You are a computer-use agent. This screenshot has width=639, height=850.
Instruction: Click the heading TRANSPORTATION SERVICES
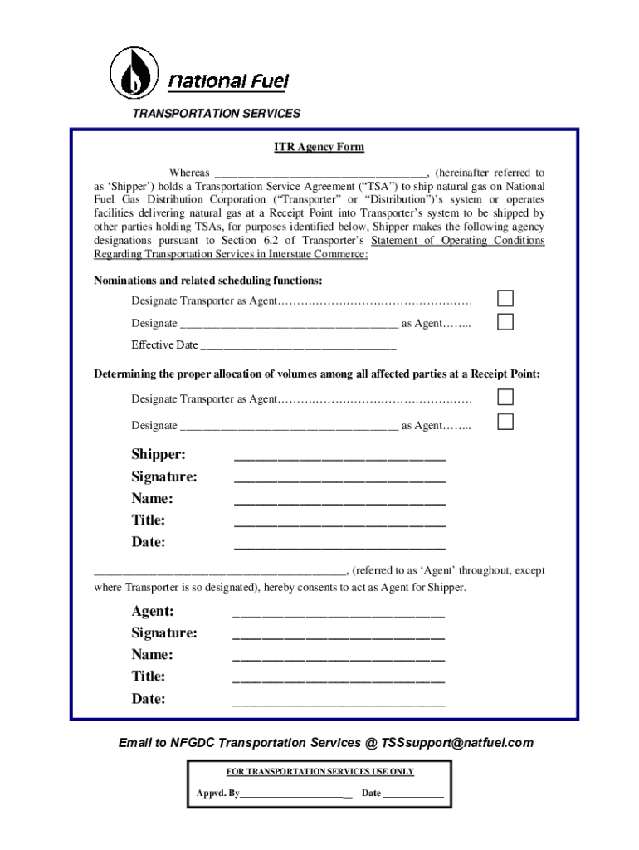pos(216,113)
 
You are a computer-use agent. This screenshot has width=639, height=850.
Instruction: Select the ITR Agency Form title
pos(319,147)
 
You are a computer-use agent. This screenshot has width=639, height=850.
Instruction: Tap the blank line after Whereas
pos(320,174)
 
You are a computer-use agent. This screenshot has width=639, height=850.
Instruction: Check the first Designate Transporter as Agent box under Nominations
pos(505,299)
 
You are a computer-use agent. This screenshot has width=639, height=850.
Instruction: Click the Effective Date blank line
pos(299,346)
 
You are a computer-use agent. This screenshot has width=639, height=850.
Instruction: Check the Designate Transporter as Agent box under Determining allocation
pos(505,398)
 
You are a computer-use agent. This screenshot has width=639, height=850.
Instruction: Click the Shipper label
pos(159,455)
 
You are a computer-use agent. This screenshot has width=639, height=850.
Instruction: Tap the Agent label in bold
pos(153,612)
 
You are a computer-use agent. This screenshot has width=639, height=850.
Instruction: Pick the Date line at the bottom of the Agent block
pos(339,701)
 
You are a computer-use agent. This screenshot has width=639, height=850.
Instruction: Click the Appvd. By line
pos(296,794)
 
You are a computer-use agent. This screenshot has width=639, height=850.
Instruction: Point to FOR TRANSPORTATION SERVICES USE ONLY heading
pos(320,772)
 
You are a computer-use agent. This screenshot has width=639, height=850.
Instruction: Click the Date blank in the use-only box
pos(413,794)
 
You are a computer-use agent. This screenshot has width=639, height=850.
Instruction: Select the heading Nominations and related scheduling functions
pos(208,281)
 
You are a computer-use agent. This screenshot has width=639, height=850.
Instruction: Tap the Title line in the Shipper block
pos(339,522)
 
